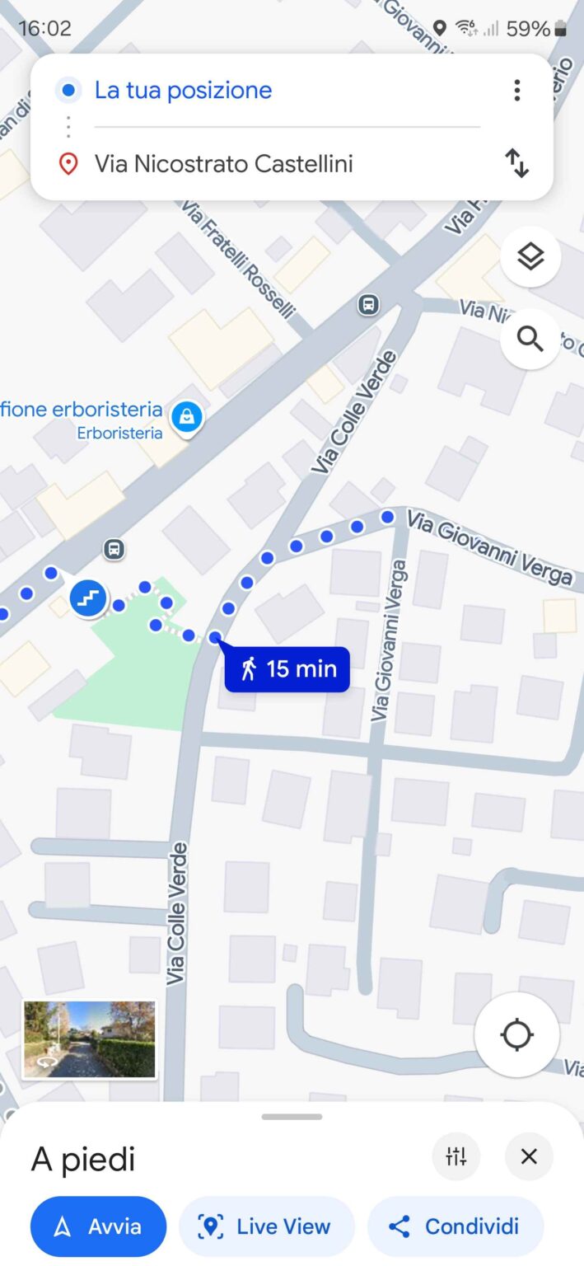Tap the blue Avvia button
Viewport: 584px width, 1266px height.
click(98, 1226)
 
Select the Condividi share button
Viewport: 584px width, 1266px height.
click(456, 1226)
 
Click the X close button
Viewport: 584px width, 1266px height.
click(529, 1156)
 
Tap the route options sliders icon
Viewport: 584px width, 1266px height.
click(456, 1156)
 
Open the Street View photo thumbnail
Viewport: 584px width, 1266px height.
click(89, 1039)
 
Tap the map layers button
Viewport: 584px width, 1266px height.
click(530, 257)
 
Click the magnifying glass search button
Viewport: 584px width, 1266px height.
click(530, 339)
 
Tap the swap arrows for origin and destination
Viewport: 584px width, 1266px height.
click(516, 163)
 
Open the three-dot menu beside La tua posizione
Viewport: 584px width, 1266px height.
click(516, 90)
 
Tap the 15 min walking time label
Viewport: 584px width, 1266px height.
click(287, 668)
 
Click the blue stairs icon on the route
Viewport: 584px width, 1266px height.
click(88, 598)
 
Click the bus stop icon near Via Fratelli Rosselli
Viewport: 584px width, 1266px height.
click(368, 305)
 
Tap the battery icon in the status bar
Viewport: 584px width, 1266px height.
click(560, 29)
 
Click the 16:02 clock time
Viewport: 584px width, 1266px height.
click(44, 29)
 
